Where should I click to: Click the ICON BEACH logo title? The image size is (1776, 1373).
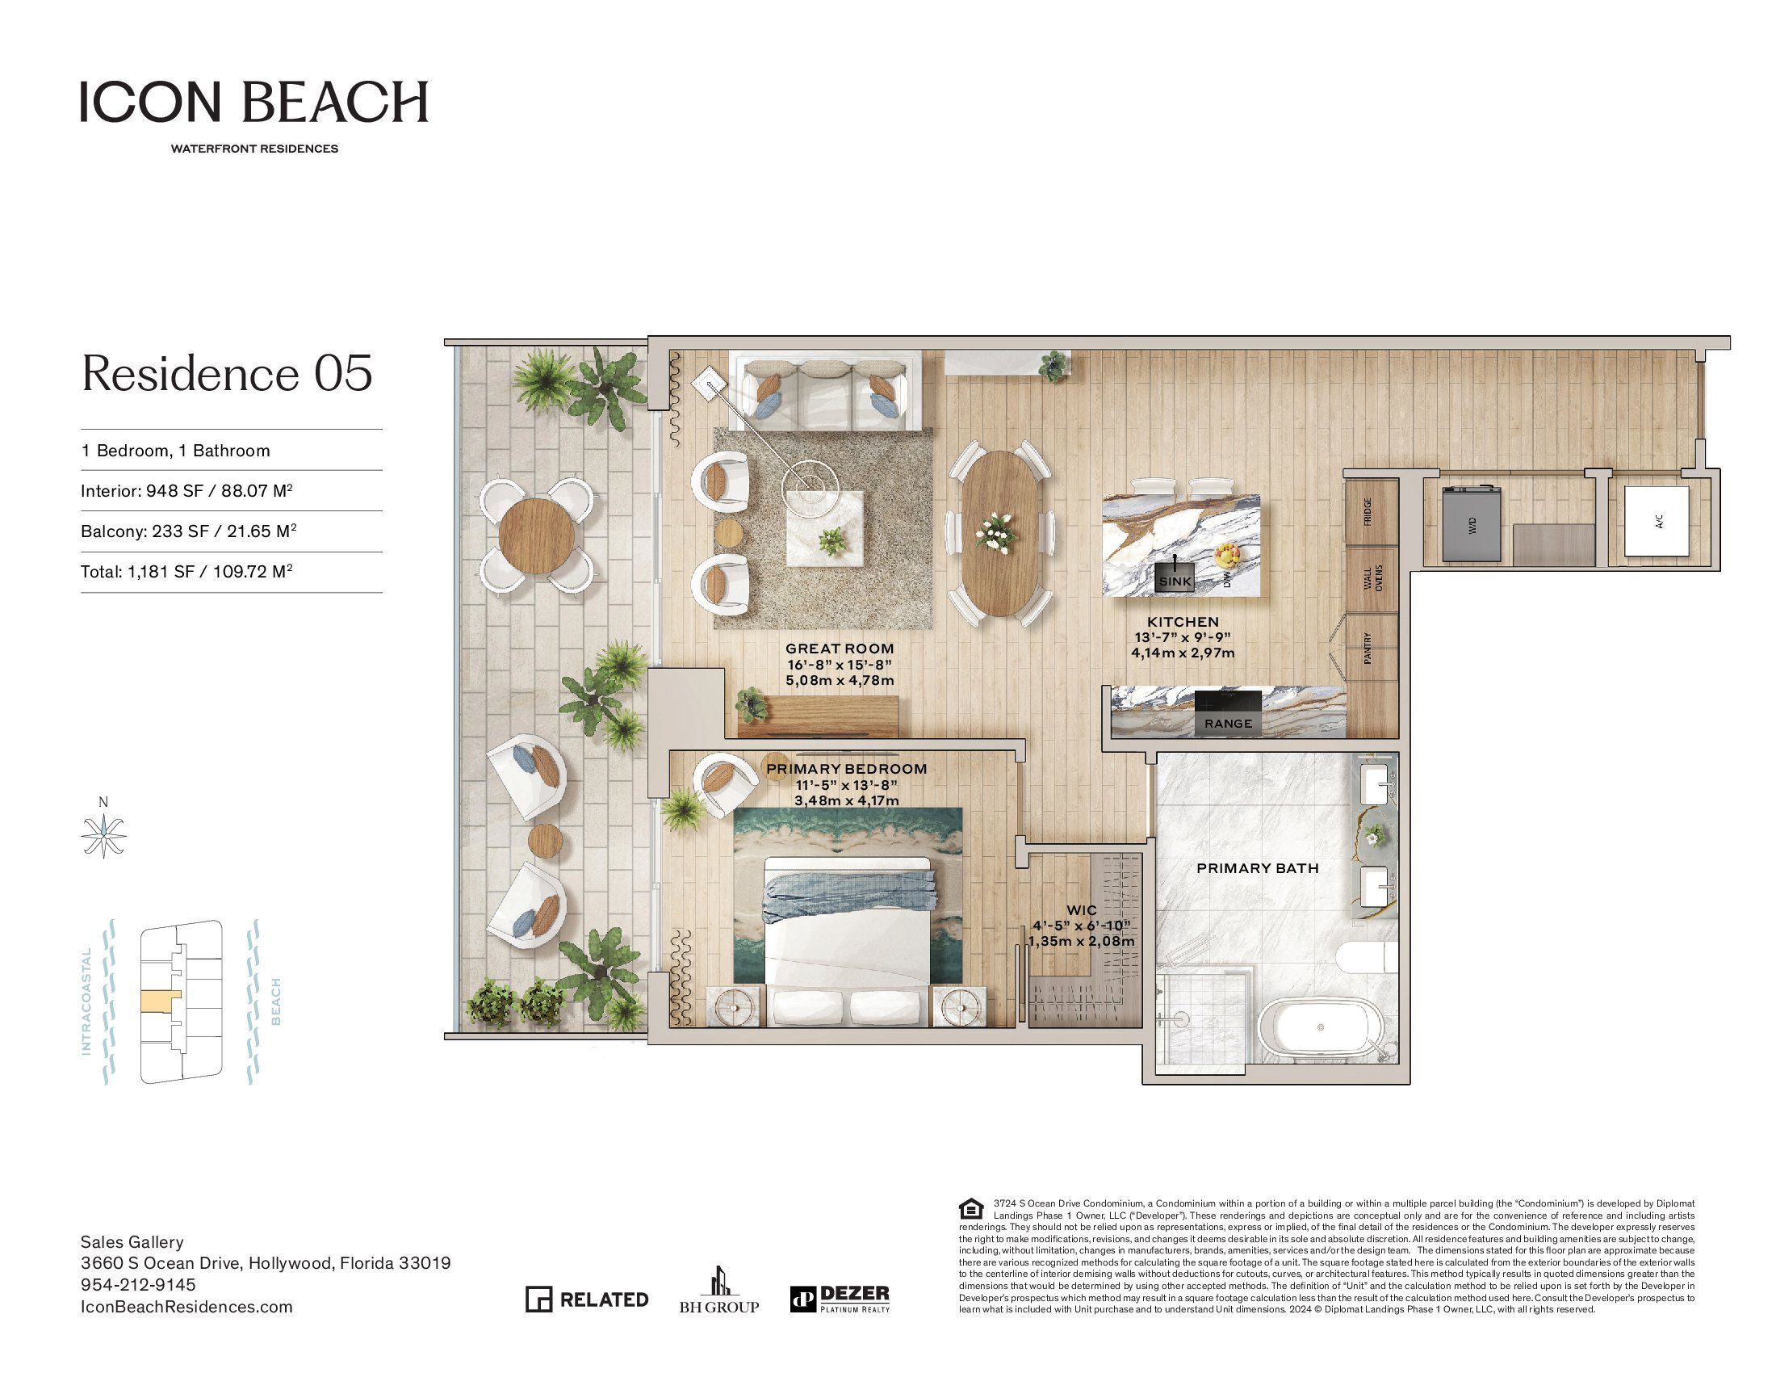click(x=253, y=102)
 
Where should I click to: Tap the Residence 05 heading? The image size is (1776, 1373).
click(x=227, y=373)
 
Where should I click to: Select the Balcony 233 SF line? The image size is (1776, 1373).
click(x=188, y=531)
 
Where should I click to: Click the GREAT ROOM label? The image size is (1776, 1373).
click(x=840, y=649)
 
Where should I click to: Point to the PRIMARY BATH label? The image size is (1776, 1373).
click(x=1257, y=868)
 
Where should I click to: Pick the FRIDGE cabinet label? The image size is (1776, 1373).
click(x=1368, y=511)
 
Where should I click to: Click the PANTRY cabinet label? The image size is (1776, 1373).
click(x=1368, y=649)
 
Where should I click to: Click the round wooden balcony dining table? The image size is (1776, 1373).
click(x=536, y=536)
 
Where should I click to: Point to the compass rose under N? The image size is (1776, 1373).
click(x=104, y=834)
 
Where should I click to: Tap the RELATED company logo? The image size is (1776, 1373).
click(x=586, y=1299)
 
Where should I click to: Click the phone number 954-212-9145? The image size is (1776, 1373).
click(x=138, y=1284)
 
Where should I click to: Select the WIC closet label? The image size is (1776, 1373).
click(x=1082, y=910)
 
